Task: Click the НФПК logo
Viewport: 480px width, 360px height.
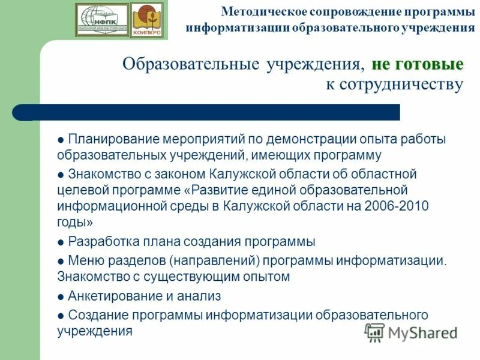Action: pyautogui.click(x=102, y=20)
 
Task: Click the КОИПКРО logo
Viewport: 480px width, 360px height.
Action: pyautogui.click(x=146, y=20)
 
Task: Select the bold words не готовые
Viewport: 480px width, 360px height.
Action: pyautogui.click(x=418, y=64)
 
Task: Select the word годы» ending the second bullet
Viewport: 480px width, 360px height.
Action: pyautogui.click(x=75, y=222)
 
